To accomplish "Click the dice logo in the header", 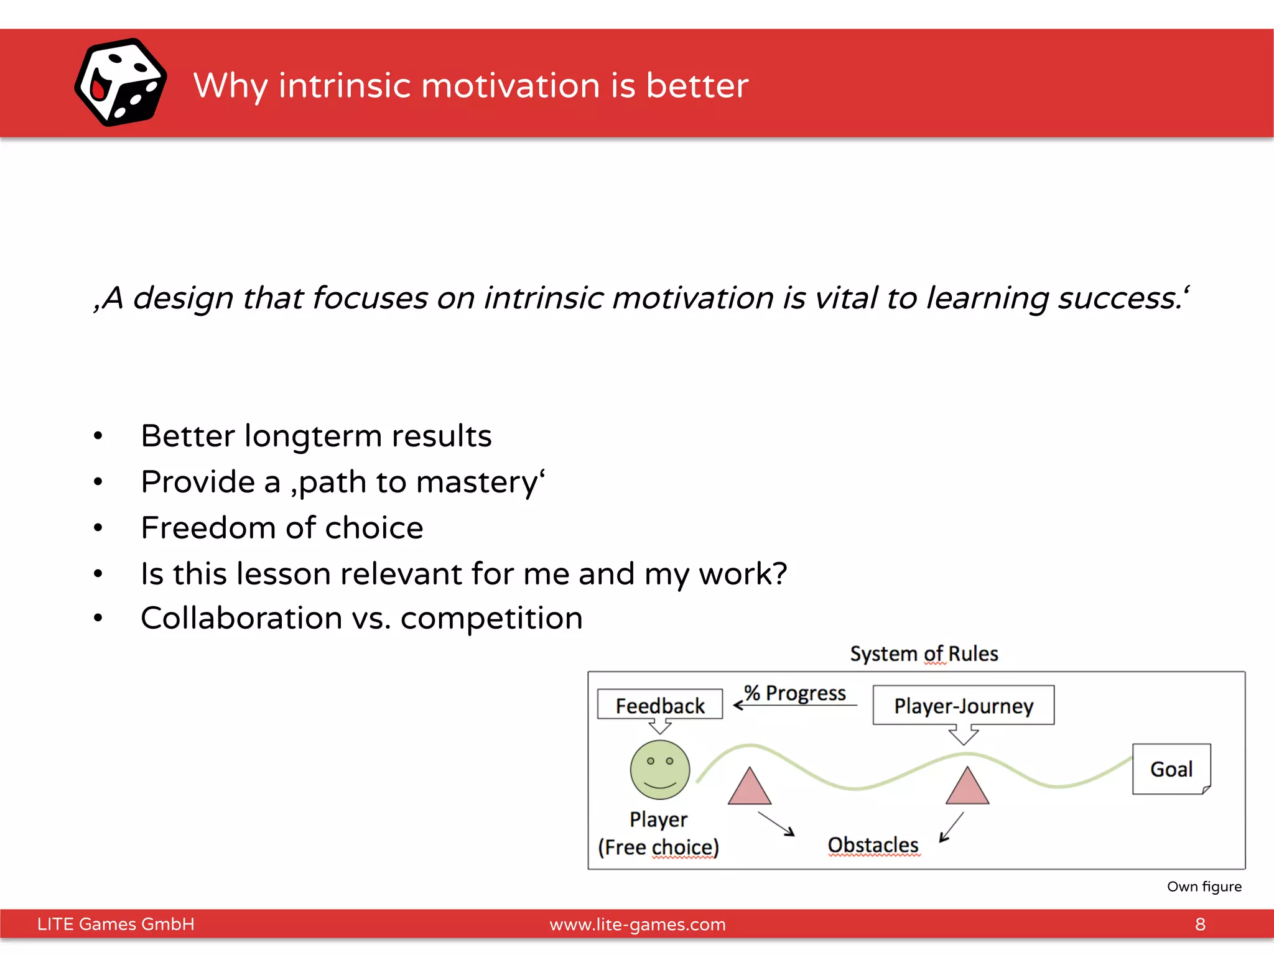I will coord(121,83).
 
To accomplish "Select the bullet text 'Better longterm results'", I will coord(316,436).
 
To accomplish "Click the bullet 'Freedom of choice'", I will coord(282,528).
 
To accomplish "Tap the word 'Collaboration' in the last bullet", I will coord(241,619).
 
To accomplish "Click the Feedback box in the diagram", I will coord(659,705).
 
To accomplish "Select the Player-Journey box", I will coord(963,705).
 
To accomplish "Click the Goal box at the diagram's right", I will coord(1171,769).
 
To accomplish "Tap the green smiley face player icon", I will coord(659,770).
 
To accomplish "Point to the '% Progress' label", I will coord(795,693).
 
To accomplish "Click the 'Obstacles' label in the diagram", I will coord(873,845).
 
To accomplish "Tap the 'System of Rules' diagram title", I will coord(924,653).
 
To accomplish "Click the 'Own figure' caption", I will coord(1204,887).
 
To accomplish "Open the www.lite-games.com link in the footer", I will coord(637,925).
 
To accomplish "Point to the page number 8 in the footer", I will coord(1200,925).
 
